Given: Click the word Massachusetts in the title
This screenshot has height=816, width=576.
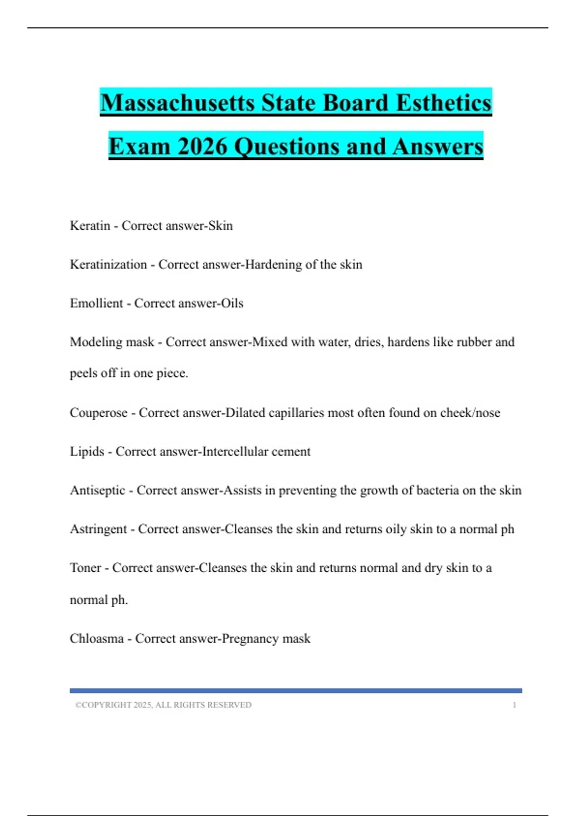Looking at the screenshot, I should coord(177,103).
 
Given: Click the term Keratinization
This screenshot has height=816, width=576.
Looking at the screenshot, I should coord(108,264).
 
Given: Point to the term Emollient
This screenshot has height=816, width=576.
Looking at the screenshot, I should coord(96,303).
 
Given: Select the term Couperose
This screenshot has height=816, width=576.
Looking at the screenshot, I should coord(98,413).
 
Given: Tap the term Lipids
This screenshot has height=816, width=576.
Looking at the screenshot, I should coord(87,452).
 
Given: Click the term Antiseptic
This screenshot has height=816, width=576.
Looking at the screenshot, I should coord(97,491).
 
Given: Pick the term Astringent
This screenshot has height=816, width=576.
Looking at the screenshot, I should coord(98,529).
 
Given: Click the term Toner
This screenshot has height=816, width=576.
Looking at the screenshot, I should coord(85,568).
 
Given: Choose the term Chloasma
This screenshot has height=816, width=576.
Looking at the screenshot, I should coord(96,639).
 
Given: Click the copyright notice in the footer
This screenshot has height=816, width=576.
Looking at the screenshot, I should coord(163,705).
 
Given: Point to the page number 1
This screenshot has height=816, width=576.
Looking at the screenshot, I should coord(514,705).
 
